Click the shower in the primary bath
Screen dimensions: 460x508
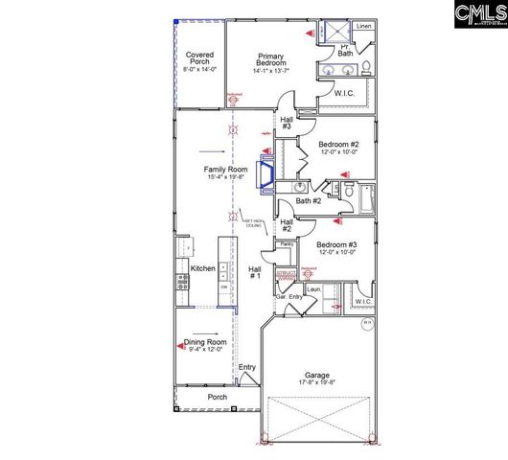(338, 29)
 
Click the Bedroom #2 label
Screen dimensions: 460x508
(337, 144)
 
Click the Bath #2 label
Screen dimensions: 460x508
(308, 200)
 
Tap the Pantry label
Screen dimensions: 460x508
(286, 244)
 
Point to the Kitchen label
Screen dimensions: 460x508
(202, 268)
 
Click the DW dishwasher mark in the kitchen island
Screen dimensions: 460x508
(224, 287)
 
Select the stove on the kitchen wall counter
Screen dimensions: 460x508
(180, 281)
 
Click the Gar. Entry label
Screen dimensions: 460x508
(289, 297)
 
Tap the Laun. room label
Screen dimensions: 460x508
(313, 288)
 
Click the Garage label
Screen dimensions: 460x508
(317, 375)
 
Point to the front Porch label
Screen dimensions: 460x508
(218, 397)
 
